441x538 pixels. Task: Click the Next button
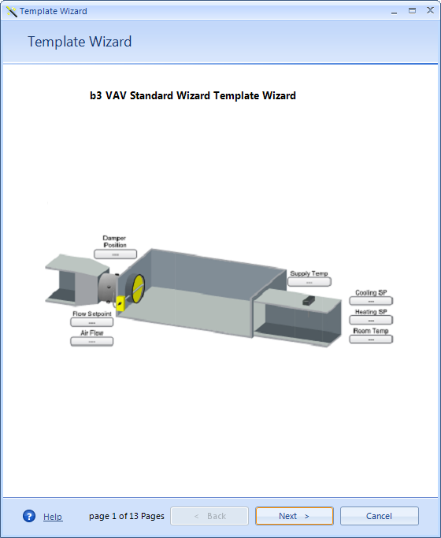click(295, 516)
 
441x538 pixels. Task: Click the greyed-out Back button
click(209, 516)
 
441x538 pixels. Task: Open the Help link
click(53, 517)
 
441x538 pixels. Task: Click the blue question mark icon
click(29, 516)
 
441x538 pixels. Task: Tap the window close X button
click(430, 10)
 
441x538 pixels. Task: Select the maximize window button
click(412, 11)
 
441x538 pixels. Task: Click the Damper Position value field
click(115, 254)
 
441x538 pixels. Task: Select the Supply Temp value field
click(309, 282)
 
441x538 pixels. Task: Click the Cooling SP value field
click(371, 301)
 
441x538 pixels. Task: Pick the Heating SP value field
click(371, 320)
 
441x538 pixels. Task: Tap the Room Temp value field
click(371, 339)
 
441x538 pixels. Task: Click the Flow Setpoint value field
click(92, 322)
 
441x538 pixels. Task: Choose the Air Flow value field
click(92, 341)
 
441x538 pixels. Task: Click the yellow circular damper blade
click(139, 288)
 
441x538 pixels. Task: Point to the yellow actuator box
click(120, 303)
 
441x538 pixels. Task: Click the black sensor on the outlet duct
click(308, 301)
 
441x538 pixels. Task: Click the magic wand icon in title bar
click(11, 12)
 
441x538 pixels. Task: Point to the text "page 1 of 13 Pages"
click(127, 516)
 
